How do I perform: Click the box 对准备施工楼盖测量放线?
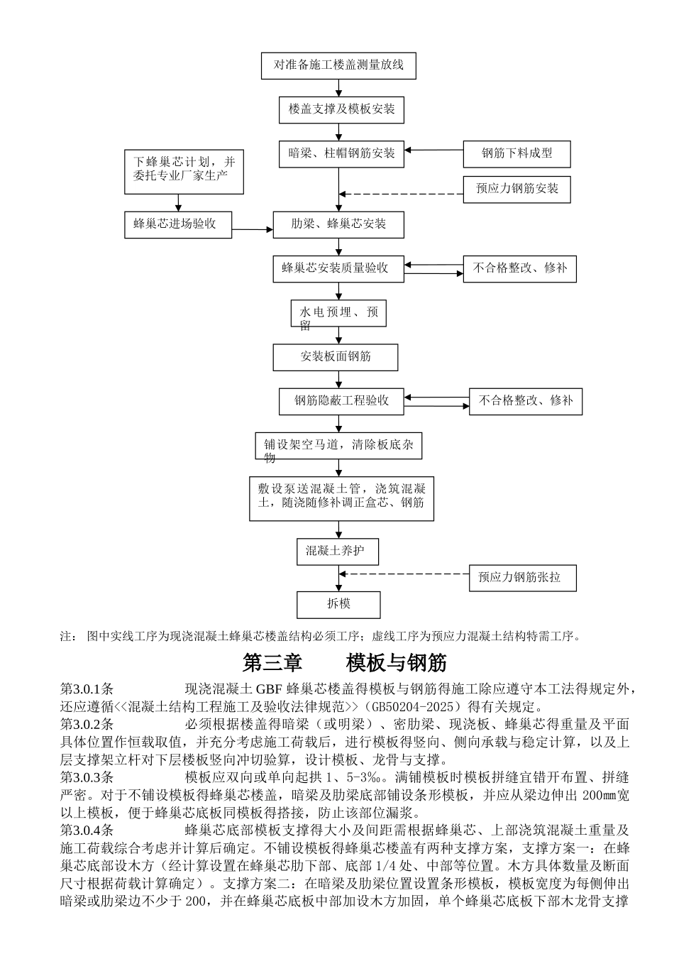338,65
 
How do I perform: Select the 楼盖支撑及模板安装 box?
341,109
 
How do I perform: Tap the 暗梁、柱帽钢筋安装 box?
341,153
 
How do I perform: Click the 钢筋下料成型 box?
516,153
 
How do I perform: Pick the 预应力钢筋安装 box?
516,189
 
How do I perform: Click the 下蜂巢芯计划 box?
184,171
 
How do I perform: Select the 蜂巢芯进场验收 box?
178,224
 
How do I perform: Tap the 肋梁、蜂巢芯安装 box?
338,224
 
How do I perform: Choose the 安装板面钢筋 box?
336,356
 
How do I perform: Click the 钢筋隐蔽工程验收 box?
341,400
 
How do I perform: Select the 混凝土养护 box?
337,551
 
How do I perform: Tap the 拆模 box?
338,604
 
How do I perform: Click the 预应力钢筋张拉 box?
522,578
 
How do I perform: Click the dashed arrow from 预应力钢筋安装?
401,193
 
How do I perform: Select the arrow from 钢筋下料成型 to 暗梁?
433,150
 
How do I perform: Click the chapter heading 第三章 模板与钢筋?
345,663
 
